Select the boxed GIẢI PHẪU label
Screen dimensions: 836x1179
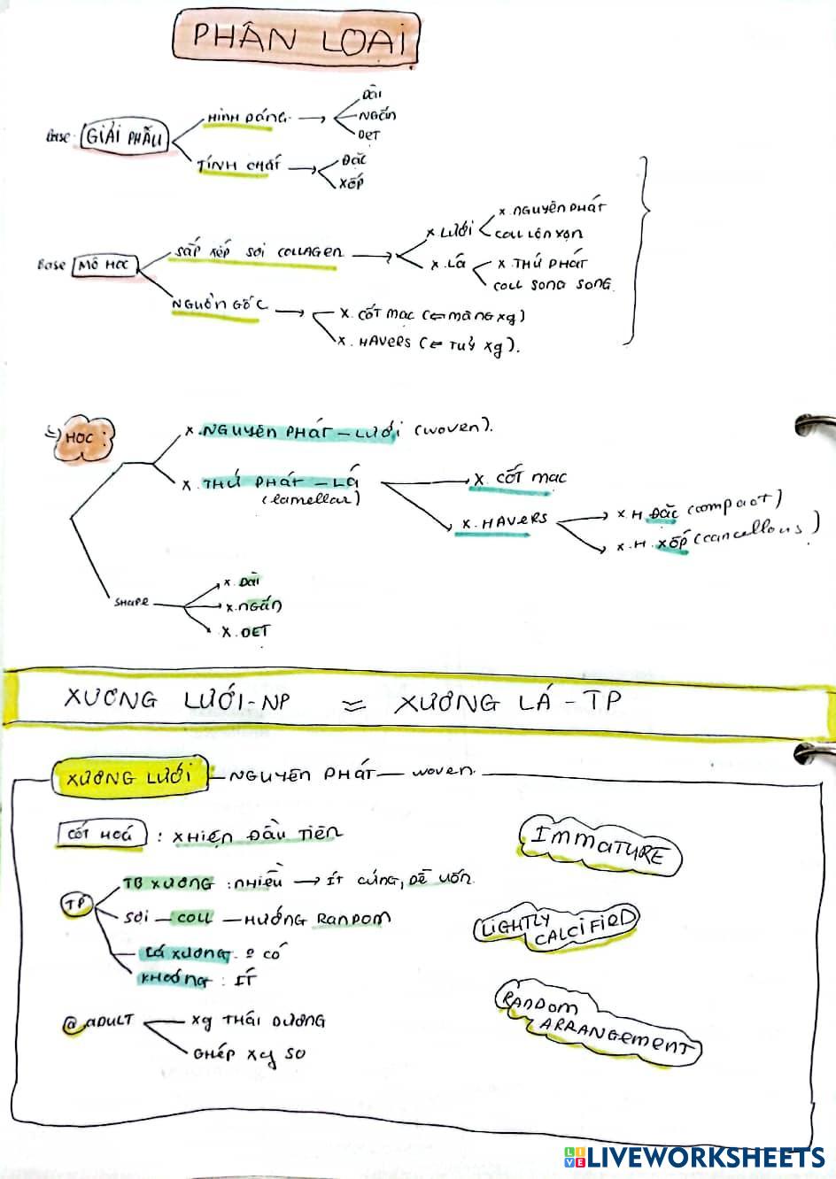click(124, 137)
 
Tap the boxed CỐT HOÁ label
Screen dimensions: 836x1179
click(100, 834)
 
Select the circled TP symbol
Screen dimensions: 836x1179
click(76, 904)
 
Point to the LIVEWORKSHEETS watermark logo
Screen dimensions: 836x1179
click(693, 1156)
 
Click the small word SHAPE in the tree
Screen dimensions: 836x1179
click(131, 603)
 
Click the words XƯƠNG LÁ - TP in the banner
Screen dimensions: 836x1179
click(508, 702)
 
